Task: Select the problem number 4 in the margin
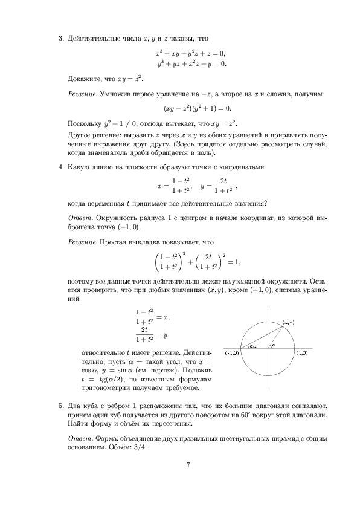point(60,166)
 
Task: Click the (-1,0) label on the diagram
point(231,352)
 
